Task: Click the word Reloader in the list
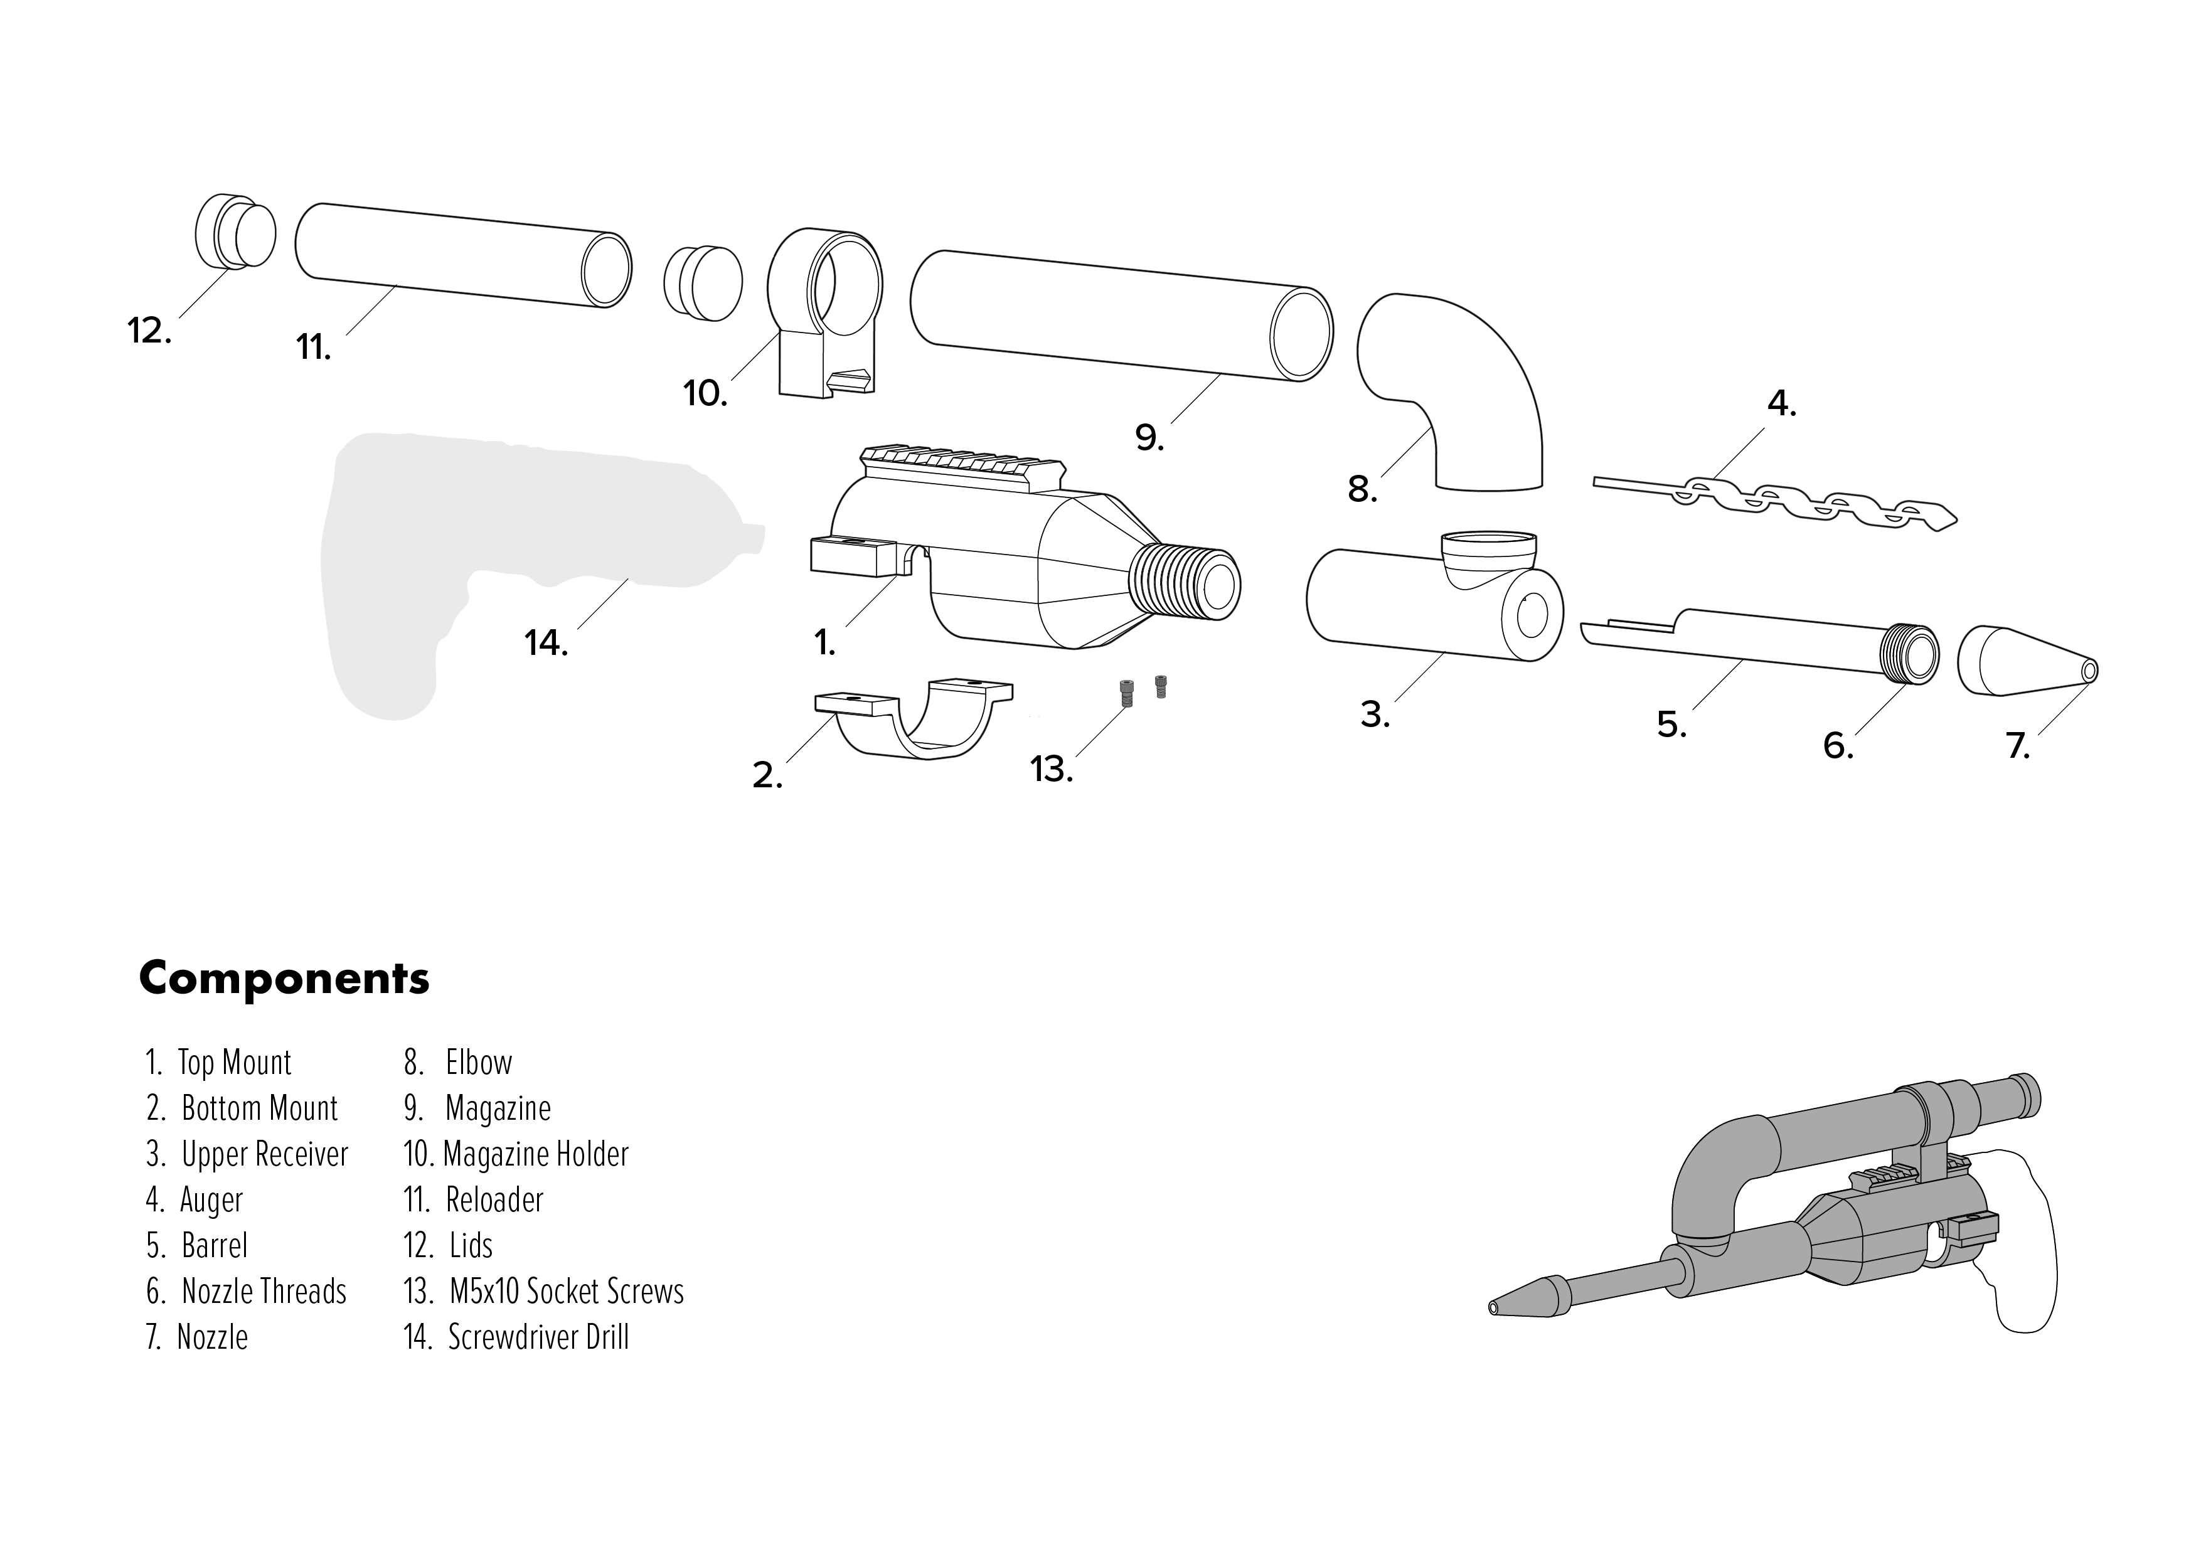pyautogui.click(x=494, y=1200)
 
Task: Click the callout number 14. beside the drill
pyautogui.click(x=545, y=644)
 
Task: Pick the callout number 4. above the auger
pyautogui.click(x=1781, y=405)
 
